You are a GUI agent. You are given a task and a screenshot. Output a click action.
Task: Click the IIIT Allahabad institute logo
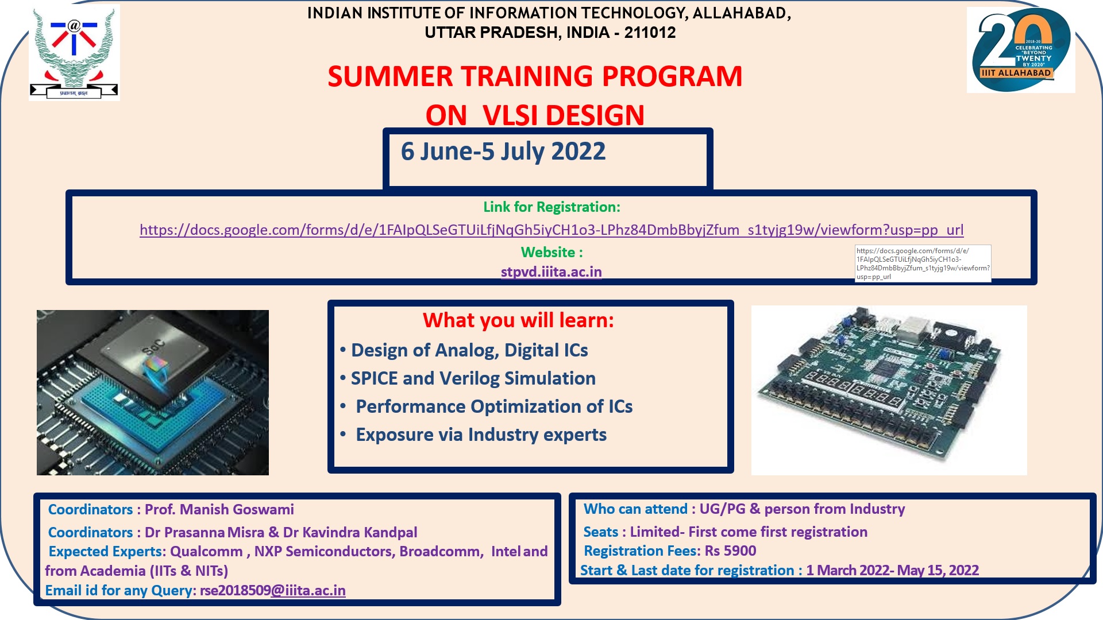click(x=74, y=53)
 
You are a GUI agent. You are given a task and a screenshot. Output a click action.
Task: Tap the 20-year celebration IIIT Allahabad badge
click(x=1020, y=50)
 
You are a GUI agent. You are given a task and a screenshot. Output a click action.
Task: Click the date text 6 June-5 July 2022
click(x=503, y=152)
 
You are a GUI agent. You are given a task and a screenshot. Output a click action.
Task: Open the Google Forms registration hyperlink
click(x=551, y=230)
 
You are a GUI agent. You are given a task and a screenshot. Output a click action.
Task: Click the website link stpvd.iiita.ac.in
click(x=551, y=272)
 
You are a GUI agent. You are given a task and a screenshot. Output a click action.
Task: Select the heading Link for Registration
click(x=551, y=207)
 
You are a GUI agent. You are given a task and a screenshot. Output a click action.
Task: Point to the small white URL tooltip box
click(x=923, y=263)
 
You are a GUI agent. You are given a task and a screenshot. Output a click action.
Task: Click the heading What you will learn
click(x=518, y=320)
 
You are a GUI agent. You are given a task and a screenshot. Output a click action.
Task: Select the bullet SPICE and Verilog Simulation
click(x=473, y=379)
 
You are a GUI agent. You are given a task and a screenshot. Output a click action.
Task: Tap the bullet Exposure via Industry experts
click(x=481, y=435)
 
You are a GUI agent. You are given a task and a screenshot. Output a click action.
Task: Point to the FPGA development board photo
click(x=889, y=390)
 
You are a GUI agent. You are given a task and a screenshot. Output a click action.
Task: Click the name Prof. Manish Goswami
click(x=219, y=510)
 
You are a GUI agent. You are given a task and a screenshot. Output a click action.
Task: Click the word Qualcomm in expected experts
click(x=206, y=552)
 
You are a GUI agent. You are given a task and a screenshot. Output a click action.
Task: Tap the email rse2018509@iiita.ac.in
click(x=272, y=591)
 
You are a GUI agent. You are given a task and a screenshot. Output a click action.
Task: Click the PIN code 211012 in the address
click(x=650, y=33)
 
